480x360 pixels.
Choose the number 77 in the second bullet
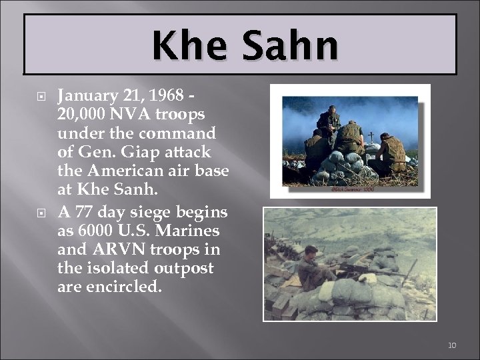tap(83, 212)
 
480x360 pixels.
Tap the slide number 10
tap(451, 345)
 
